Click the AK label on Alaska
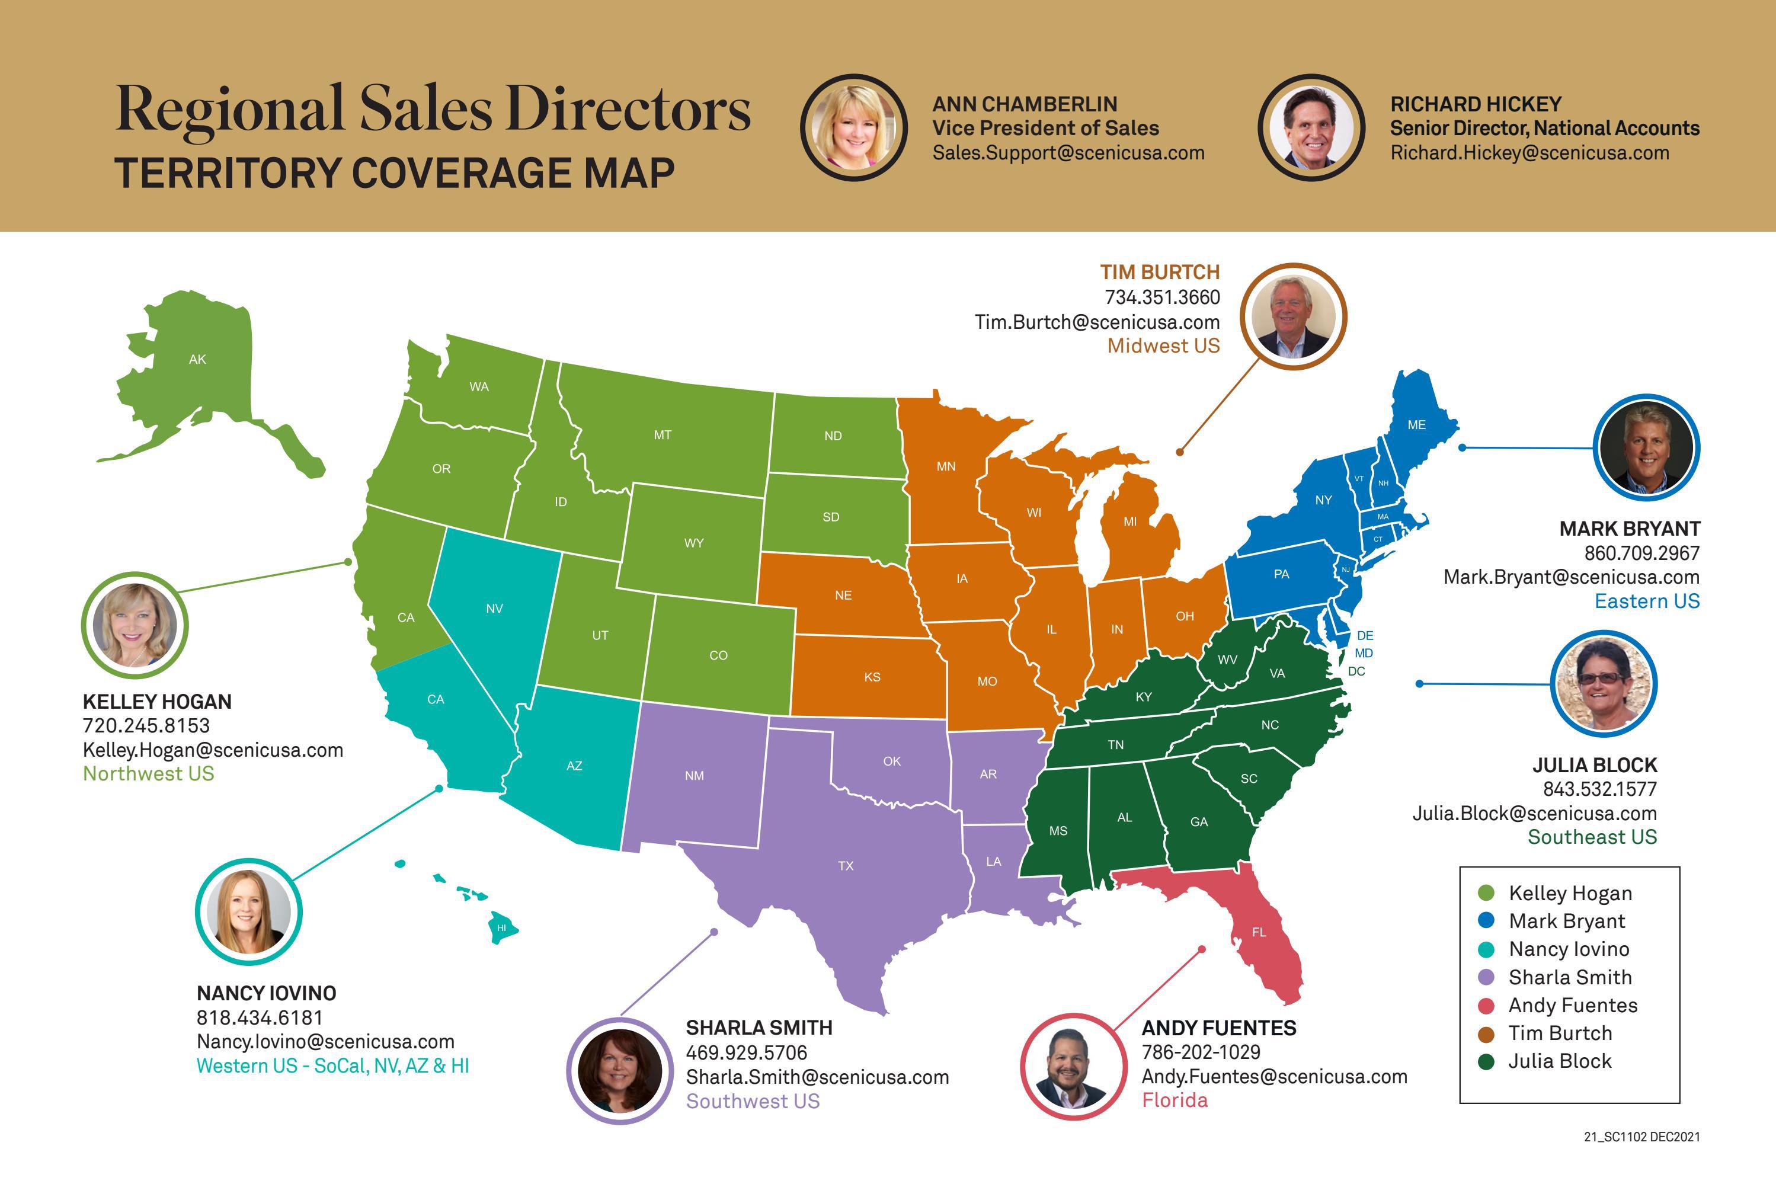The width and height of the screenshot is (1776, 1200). tap(197, 359)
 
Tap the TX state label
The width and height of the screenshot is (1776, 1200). tap(845, 866)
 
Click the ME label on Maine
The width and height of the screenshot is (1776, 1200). tap(1416, 425)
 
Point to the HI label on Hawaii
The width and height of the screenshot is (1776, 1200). tap(501, 928)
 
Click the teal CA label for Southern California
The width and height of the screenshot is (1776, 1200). tap(436, 699)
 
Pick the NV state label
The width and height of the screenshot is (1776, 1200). tap(494, 609)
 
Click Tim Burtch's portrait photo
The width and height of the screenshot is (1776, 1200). tap(1293, 316)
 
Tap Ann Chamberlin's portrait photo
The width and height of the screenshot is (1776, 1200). tap(853, 127)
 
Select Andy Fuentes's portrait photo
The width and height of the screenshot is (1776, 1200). tap(1073, 1067)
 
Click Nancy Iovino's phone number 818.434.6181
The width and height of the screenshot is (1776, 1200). tap(260, 1017)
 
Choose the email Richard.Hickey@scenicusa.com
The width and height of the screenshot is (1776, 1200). tap(1529, 153)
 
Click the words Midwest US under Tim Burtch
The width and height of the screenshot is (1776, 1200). tap(1163, 346)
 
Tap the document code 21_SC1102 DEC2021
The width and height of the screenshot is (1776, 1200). tap(1641, 1137)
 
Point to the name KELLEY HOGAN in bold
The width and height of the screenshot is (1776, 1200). tap(156, 702)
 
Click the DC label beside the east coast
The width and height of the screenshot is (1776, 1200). tap(1356, 671)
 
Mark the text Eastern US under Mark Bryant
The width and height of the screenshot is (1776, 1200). tap(1647, 601)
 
